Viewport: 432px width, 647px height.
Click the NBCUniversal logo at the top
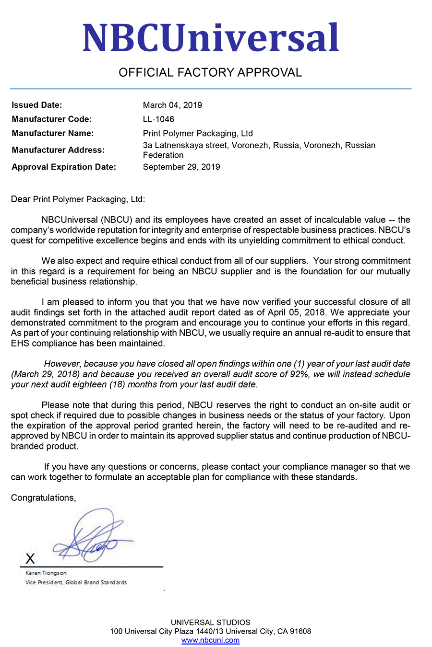tap(210, 38)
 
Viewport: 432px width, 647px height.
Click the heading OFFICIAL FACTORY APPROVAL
tap(210, 72)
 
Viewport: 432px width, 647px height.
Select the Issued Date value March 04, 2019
tap(172, 105)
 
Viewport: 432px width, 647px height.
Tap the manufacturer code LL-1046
tap(158, 119)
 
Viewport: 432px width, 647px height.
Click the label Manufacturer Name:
tap(53, 133)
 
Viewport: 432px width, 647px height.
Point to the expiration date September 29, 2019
tap(181, 167)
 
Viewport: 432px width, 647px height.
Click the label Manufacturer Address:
tap(58, 150)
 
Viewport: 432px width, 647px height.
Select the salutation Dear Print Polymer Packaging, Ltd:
tap(78, 199)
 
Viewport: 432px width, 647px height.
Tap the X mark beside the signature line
tap(30, 558)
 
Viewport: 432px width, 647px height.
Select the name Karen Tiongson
tap(46, 573)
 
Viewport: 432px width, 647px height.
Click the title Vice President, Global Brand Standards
tap(76, 582)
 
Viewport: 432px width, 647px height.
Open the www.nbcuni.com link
tap(210, 640)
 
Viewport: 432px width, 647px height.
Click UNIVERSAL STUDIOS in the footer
tap(210, 622)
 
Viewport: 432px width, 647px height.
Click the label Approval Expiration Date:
tap(64, 167)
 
